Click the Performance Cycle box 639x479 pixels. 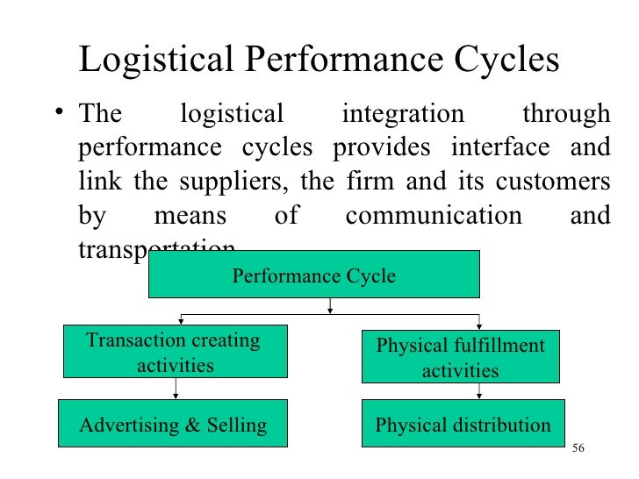[313, 275]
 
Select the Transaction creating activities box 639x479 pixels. [175, 353]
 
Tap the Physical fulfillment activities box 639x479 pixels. [460, 357]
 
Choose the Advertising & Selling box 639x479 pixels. [173, 425]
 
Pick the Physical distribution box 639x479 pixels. [463, 425]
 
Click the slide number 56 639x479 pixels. [577, 449]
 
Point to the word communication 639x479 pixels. [433, 216]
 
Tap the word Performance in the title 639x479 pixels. [339, 61]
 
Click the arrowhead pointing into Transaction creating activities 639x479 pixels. [181, 321]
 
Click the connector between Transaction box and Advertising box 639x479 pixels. [175, 388]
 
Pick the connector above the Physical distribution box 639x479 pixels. [460, 391]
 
